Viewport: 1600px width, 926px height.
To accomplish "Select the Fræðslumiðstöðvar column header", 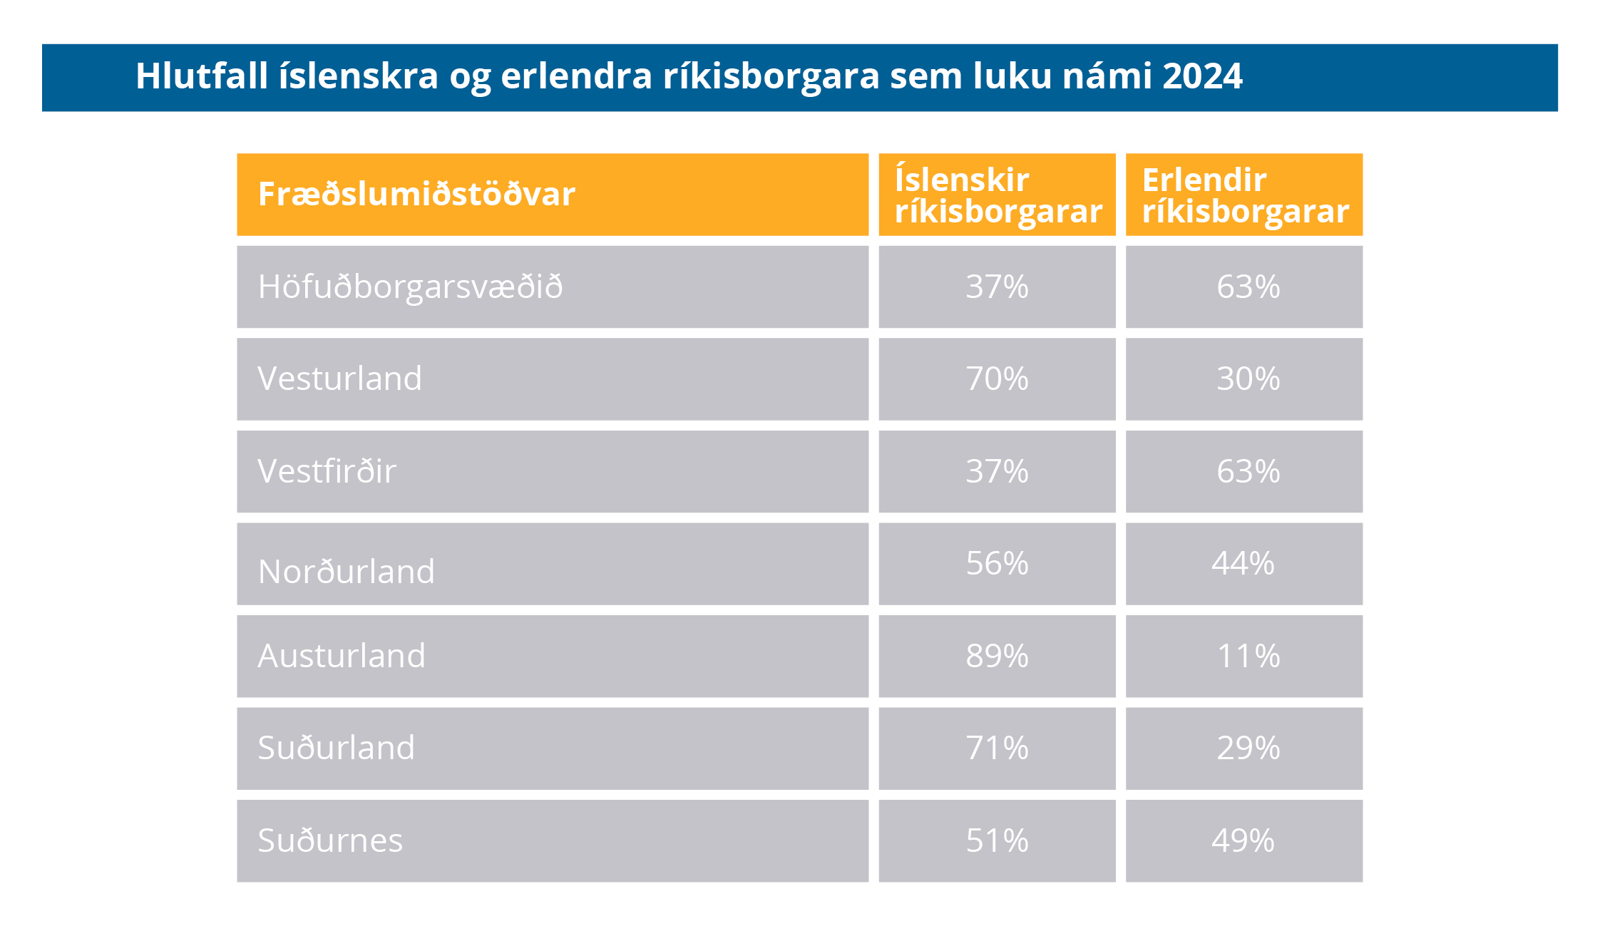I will pyautogui.click(x=416, y=195).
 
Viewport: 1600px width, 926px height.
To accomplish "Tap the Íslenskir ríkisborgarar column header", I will pyautogui.click(x=998, y=195).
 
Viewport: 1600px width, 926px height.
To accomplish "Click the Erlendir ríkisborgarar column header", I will pyautogui.click(x=1245, y=195).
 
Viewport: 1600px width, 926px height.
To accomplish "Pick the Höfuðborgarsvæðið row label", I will pyautogui.click(x=410, y=287).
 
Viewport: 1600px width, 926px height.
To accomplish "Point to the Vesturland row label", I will pyautogui.click(x=339, y=379).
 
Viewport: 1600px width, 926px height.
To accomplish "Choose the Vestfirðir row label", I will pyautogui.click(x=327, y=471).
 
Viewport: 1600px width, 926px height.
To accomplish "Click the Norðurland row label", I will pyautogui.click(x=346, y=572).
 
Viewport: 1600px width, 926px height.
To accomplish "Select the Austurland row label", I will pyautogui.click(x=342, y=656).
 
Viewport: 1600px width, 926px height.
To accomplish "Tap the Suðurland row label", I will pyautogui.click(x=336, y=748).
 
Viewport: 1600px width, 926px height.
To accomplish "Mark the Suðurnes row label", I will pyautogui.click(x=330, y=840).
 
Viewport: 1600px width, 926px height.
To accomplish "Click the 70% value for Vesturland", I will pyautogui.click(x=997, y=379).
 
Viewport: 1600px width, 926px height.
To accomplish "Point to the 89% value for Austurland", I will pyautogui.click(x=997, y=656).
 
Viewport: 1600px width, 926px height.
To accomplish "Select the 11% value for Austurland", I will pyautogui.click(x=1248, y=656).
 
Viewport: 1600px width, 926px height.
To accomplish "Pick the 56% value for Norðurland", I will pyautogui.click(x=997, y=564).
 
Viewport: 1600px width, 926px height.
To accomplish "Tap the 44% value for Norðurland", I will pyautogui.click(x=1243, y=564).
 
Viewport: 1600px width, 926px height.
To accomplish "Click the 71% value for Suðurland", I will pyautogui.click(x=997, y=748).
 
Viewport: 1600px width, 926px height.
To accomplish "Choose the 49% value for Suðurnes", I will pyautogui.click(x=1243, y=840).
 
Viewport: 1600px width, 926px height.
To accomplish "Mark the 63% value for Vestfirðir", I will pyautogui.click(x=1248, y=471).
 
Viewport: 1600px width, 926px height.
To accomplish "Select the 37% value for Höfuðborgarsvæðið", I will pyautogui.click(x=997, y=287).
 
